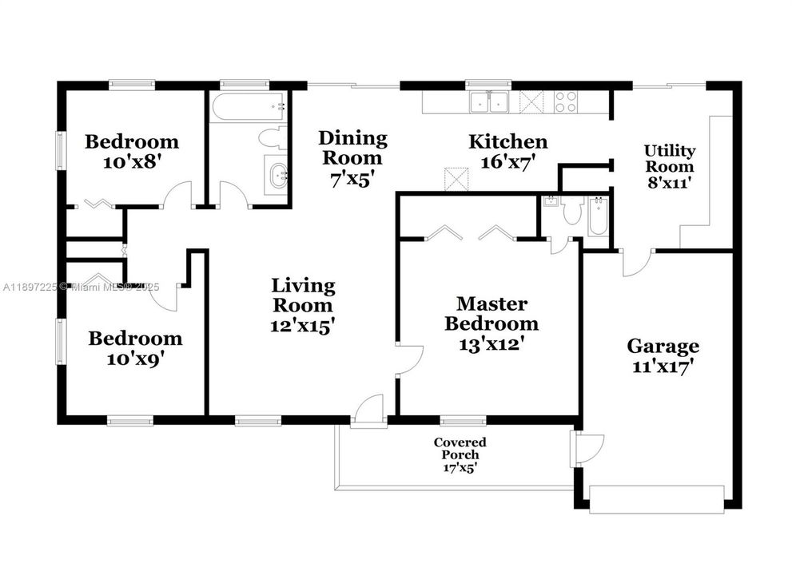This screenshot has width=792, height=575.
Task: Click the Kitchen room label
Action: click(x=507, y=142)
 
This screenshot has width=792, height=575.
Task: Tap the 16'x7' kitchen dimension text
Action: click(x=507, y=161)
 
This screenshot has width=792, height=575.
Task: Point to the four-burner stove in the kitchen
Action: click(x=566, y=101)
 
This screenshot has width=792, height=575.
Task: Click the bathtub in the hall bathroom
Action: click(x=247, y=106)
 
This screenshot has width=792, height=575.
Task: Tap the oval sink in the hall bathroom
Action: click(x=277, y=174)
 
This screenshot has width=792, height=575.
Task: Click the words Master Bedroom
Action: click(x=491, y=314)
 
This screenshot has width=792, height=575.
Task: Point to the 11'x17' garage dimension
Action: click(x=663, y=367)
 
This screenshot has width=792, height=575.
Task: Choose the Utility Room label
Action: click(x=670, y=158)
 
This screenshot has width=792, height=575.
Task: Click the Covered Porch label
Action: click(x=460, y=448)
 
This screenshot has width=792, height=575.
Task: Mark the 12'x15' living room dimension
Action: click(x=303, y=325)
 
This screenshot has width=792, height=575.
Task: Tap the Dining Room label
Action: click(x=352, y=148)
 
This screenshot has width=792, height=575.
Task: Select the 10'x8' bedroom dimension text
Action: click(x=132, y=161)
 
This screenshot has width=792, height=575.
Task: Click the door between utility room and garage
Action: click(x=637, y=262)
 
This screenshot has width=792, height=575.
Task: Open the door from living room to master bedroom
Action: click(x=408, y=357)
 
